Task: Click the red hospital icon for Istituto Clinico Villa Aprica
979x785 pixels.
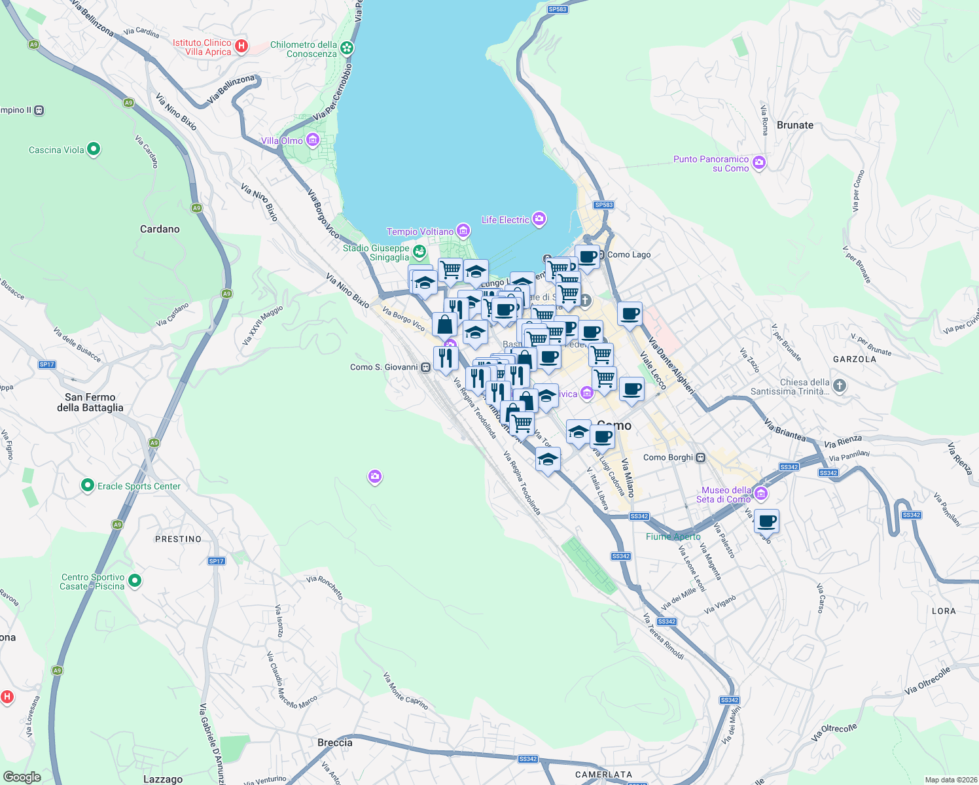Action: (x=241, y=46)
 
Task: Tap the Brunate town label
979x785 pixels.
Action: (x=794, y=125)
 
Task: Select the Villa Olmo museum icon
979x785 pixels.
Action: (x=313, y=140)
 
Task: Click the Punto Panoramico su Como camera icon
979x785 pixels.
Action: (x=759, y=163)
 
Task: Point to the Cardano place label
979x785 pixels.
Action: (x=160, y=229)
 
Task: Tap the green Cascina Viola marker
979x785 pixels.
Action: (x=94, y=149)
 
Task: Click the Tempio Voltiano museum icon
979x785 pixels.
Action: (x=463, y=230)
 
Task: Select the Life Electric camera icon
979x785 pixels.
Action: (x=539, y=219)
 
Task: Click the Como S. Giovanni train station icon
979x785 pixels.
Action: (x=426, y=368)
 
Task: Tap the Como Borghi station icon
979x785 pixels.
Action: (x=701, y=457)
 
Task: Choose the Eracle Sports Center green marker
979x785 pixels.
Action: (x=88, y=485)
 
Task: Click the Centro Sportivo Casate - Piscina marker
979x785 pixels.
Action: (x=135, y=580)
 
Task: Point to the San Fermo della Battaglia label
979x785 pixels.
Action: (x=90, y=402)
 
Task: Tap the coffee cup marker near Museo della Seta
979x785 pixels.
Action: (x=766, y=522)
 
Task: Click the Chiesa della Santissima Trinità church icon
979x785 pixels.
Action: (x=840, y=386)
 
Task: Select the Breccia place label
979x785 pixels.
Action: (x=334, y=742)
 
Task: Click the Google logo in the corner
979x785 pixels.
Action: (x=22, y=776)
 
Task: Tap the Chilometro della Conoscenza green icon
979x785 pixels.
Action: (x=347, y=48)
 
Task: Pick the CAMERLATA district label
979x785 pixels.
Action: (x=603, y=775)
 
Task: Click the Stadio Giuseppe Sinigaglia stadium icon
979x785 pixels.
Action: (x=419, y=251)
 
